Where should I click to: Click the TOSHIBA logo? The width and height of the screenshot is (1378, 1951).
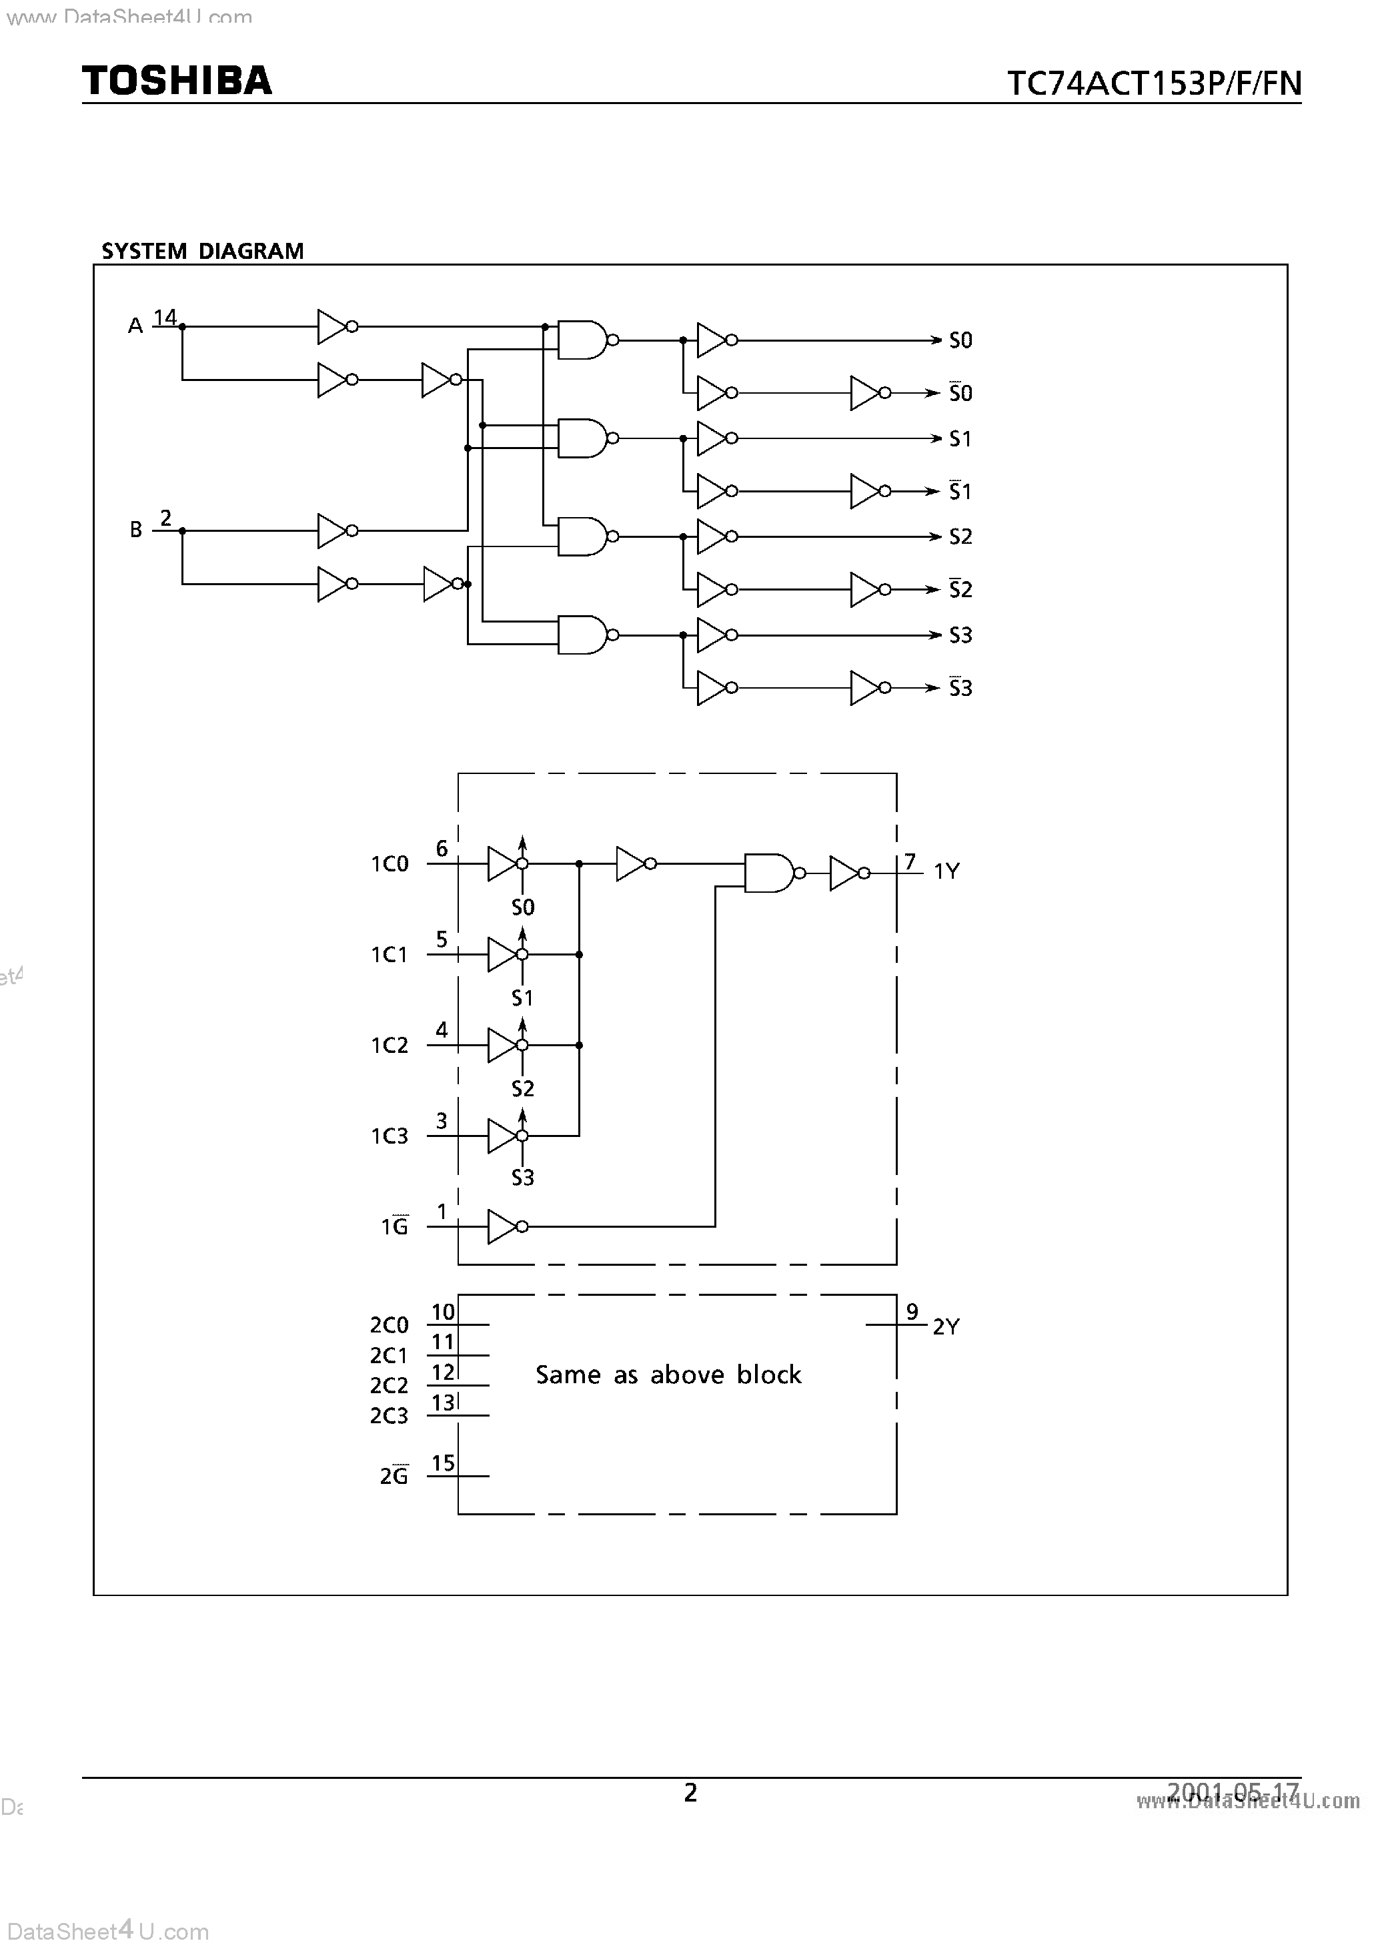(x=177, y=80)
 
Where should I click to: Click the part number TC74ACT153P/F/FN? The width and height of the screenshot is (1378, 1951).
(x=1154, y=83)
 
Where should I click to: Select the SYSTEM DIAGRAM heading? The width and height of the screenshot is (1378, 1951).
(x=202, y=252)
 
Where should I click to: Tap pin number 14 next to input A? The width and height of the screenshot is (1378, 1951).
(x=165, y=317)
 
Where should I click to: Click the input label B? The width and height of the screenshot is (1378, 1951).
(x=136, y=530)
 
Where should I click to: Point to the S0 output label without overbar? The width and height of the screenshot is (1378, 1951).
(x=960, y=341)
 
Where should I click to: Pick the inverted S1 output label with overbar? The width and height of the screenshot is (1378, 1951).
(x=960, y=491)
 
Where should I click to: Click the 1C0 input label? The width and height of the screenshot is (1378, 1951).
(x=389, y=864)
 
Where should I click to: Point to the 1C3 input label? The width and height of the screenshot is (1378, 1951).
(x=389, y=1136)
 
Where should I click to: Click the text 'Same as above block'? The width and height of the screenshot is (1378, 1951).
(x=668, y=1375)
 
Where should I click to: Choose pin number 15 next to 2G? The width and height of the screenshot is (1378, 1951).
(x=443, y=1463)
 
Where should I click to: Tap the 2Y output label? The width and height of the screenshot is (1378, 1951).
(x=946, y=1326)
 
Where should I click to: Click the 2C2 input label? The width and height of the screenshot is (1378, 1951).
(x=389, y=1386)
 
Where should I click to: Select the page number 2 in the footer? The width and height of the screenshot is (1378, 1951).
(x=691, y=1792)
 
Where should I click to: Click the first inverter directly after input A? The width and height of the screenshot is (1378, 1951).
(x=334, y=326)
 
